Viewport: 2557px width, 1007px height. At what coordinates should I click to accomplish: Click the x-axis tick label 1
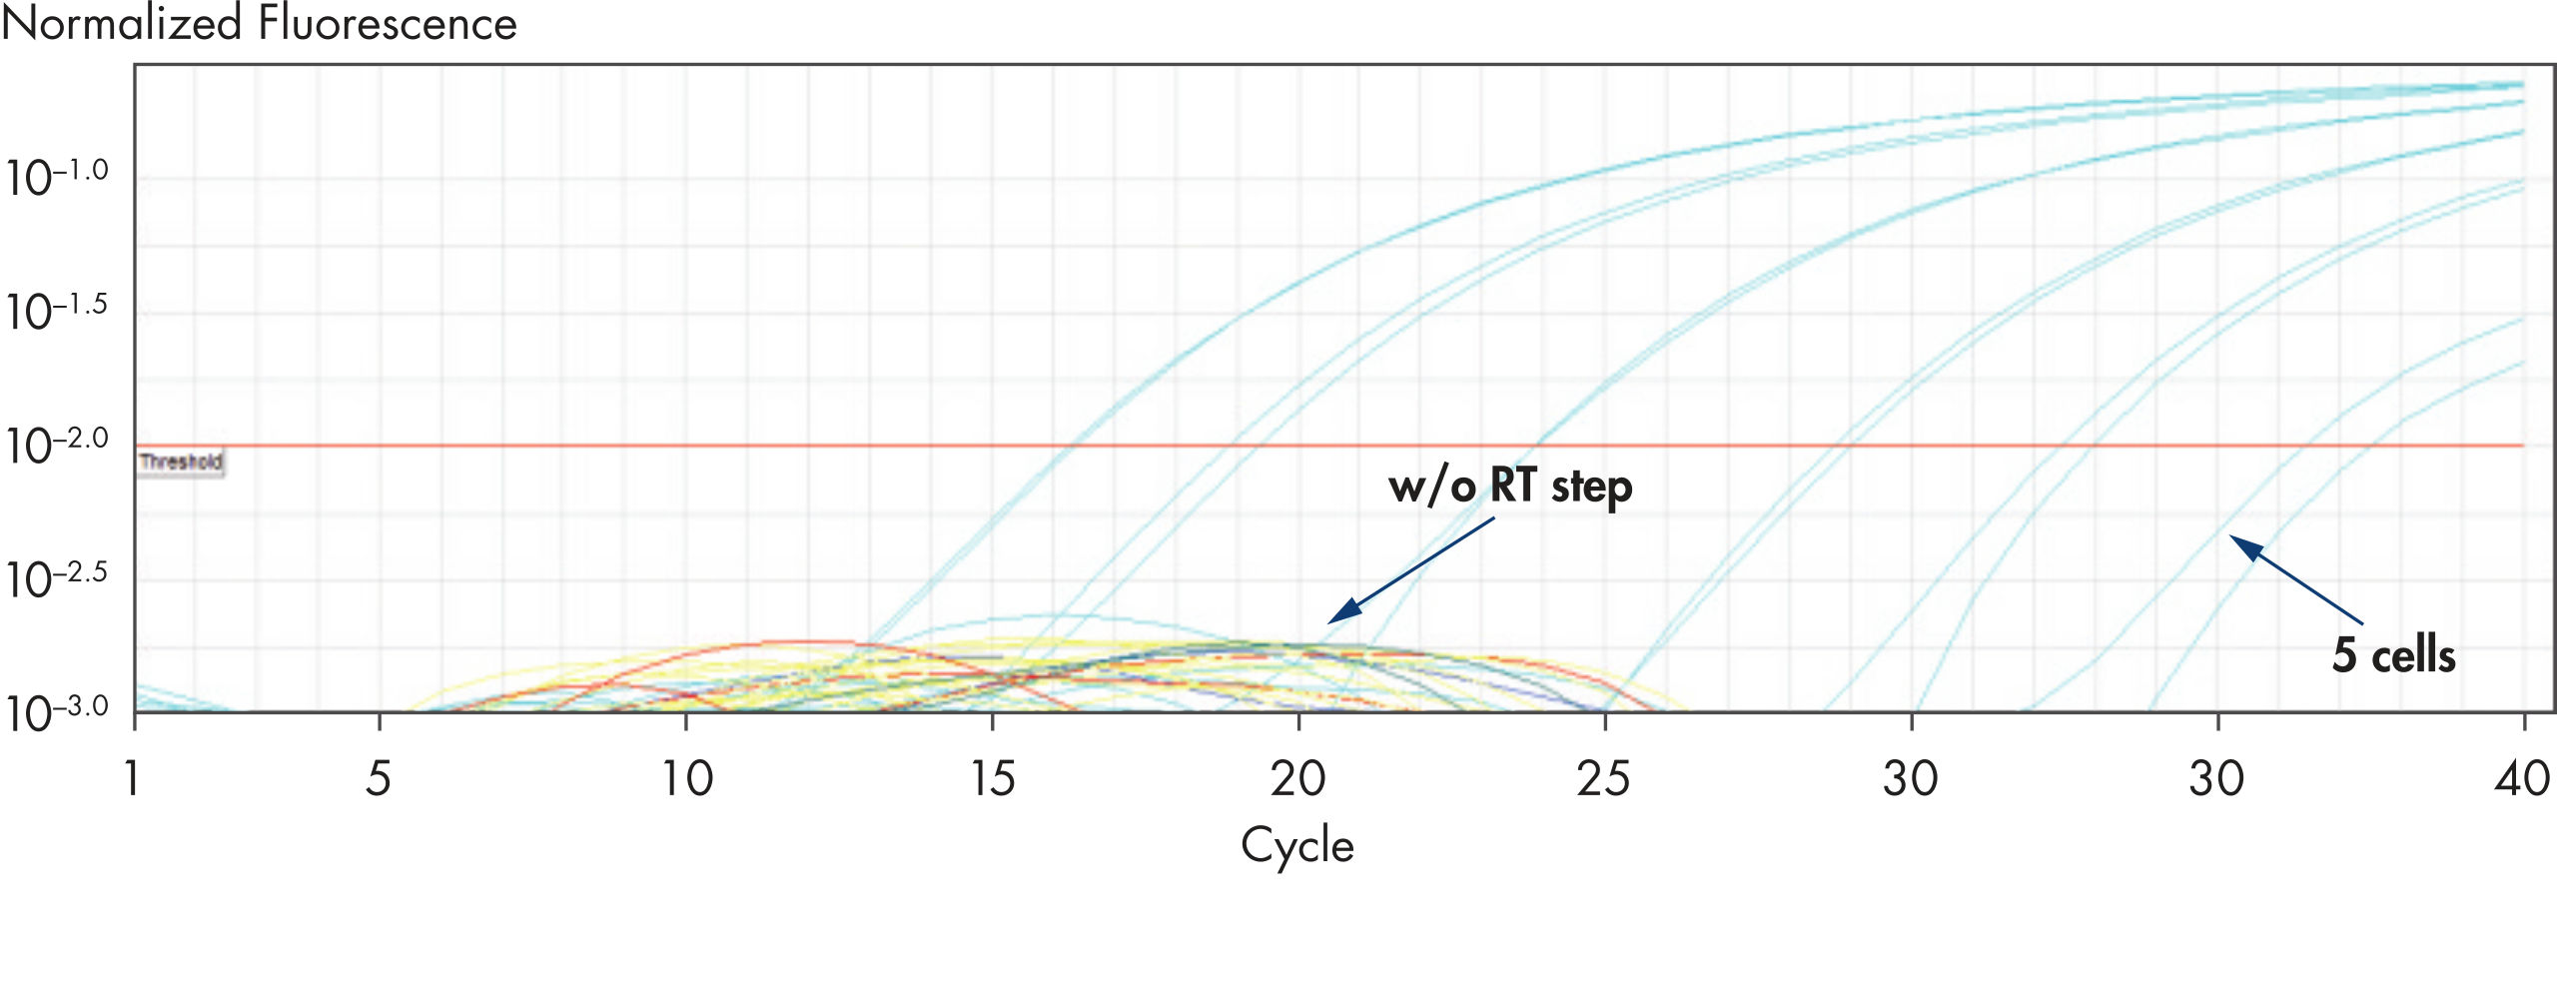point(131,778)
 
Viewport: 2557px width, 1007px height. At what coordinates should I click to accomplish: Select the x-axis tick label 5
point(378,778)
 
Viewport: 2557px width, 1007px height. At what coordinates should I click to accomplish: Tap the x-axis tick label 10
point(687,778)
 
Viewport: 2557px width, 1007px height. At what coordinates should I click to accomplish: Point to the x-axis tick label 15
point(993,778)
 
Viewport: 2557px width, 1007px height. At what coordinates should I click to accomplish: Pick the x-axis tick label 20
point(1297,778)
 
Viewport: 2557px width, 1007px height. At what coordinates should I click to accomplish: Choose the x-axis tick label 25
point(1603,778)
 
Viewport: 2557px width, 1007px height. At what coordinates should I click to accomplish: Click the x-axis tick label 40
point(2522,778)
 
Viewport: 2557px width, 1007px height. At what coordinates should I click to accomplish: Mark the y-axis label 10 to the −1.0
point(56,178)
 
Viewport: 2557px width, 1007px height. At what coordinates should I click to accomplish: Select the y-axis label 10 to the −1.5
point(56,312)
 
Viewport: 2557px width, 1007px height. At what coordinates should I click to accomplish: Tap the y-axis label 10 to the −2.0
point(56,446)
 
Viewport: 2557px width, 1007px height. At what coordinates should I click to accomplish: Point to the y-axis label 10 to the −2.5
point(56,579)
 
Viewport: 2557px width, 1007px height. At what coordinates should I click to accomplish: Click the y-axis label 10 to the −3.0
point(56,713)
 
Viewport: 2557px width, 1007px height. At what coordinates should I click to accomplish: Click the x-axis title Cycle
point(1296,845)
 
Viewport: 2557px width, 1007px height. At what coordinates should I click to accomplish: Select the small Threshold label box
point(181,462)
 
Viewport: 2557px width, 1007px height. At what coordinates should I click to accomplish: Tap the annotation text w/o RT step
point(1510,487)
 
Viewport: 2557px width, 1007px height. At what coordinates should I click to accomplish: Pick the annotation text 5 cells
point(2393,655)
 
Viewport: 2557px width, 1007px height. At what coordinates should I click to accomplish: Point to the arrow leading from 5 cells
point(2297,580)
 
